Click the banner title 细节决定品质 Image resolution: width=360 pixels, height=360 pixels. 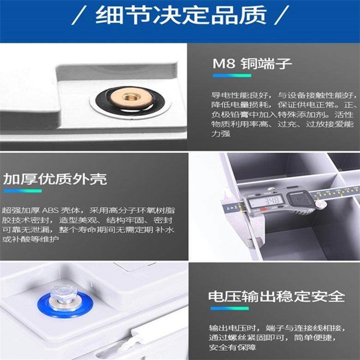180,15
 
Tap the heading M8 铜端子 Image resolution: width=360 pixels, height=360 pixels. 252,64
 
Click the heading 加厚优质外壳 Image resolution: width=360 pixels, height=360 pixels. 55,179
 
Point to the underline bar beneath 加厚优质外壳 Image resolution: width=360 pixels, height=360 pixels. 23,191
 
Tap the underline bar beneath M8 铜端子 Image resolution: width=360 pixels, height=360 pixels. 232,76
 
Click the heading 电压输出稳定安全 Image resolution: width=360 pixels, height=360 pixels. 276,296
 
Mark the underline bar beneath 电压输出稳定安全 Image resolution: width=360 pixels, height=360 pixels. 229,308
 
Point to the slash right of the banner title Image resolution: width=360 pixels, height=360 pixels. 282,15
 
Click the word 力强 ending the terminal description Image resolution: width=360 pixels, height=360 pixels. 221,133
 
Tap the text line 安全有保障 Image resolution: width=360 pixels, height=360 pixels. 232,347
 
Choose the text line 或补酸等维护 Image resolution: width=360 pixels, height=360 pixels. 30,239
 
